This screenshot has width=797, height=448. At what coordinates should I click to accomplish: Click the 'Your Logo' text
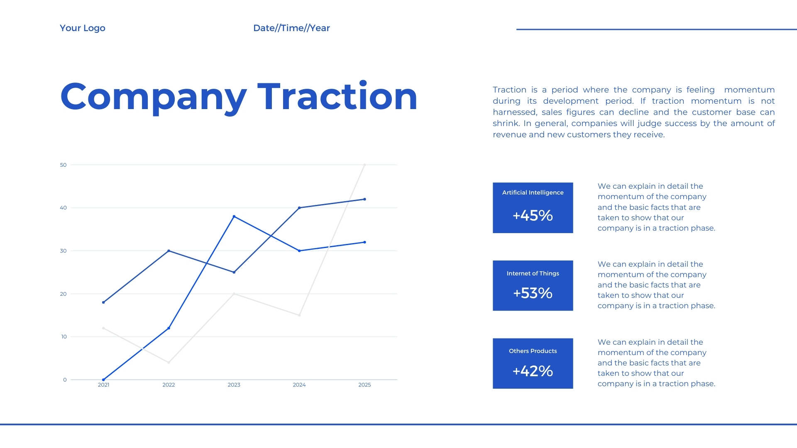83,28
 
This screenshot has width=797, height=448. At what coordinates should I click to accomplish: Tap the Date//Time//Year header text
291,28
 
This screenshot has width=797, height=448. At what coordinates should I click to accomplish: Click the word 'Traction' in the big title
337,96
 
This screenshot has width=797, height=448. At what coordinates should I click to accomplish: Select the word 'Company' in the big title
154,98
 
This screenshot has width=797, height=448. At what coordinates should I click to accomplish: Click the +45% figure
533,216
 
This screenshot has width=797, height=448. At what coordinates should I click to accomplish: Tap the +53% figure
533,293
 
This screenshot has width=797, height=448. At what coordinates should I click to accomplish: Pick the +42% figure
533,371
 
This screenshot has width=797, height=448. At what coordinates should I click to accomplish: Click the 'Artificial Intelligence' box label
533,192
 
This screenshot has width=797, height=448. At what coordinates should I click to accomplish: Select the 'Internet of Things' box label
533,273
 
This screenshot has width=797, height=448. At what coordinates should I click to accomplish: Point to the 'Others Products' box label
533,351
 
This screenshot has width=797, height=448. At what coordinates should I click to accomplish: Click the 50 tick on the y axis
63,165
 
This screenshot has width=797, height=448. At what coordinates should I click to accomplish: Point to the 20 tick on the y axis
63,294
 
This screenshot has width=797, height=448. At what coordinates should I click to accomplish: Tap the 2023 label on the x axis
234,385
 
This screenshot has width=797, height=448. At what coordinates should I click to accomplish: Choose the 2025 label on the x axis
364,385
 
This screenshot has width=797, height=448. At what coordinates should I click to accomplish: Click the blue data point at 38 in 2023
234,217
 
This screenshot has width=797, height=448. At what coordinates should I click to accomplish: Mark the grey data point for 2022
169,363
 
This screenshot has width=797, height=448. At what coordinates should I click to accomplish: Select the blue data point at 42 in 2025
364,199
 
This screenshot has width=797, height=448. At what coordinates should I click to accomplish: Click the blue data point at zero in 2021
103,380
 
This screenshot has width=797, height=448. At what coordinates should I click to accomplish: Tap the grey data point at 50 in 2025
364,165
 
